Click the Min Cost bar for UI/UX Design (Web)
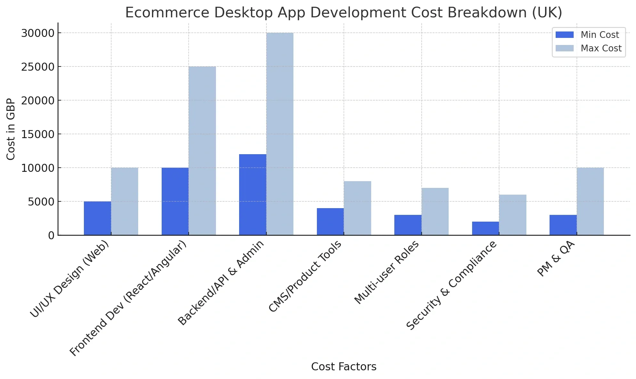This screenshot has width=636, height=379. [97, 218]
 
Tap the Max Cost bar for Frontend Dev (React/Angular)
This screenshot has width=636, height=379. [202, 151]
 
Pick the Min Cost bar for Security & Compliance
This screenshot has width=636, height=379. [485, 228]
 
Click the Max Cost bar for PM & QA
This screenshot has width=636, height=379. [590, 201]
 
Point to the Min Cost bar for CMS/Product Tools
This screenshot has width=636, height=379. [330, 222]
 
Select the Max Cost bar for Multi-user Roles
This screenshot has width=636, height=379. [435, 212]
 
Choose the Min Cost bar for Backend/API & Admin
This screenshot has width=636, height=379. [253, 195]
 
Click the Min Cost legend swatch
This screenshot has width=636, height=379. [564, 35]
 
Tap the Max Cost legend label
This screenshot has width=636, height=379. [601, 48]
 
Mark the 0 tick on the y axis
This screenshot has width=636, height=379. [51, 235]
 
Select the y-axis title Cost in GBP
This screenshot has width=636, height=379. [11, 129]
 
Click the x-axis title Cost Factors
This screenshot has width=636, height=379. [344, 366]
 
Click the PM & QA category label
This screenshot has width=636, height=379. [556, 259]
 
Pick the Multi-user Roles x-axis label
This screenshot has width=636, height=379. [387, 272]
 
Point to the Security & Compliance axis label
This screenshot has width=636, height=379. [452, 286]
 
